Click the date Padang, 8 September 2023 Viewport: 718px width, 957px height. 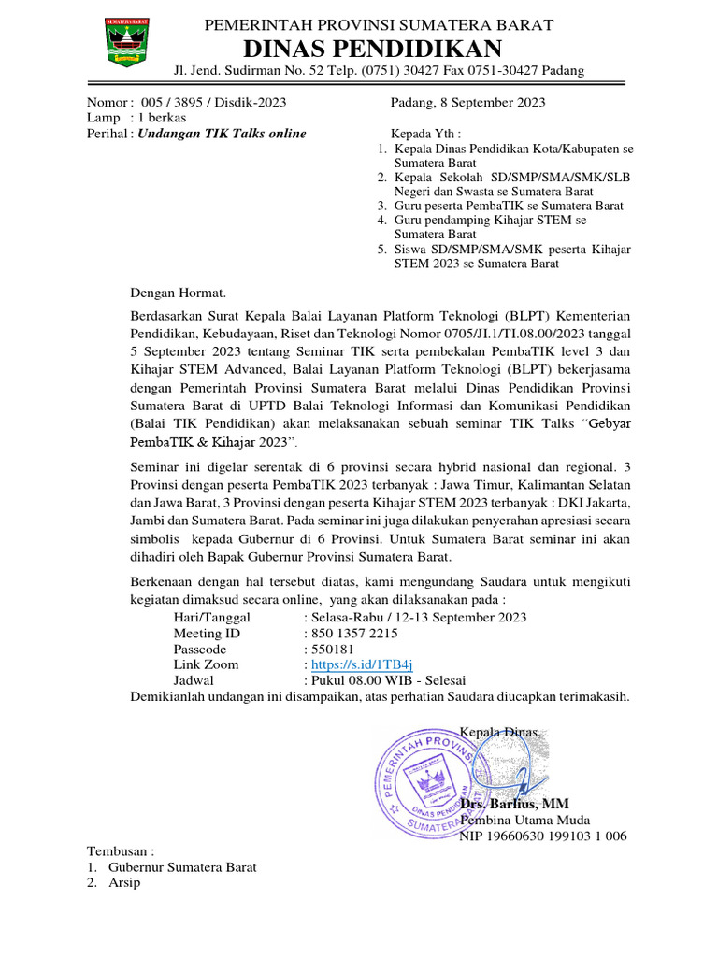(467, 103)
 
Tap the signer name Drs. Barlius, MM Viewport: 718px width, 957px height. (513, 804)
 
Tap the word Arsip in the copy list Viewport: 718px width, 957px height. (124, 882)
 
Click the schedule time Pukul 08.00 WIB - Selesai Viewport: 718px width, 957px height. (388, 680)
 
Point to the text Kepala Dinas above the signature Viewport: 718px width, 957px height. (500, 732)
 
